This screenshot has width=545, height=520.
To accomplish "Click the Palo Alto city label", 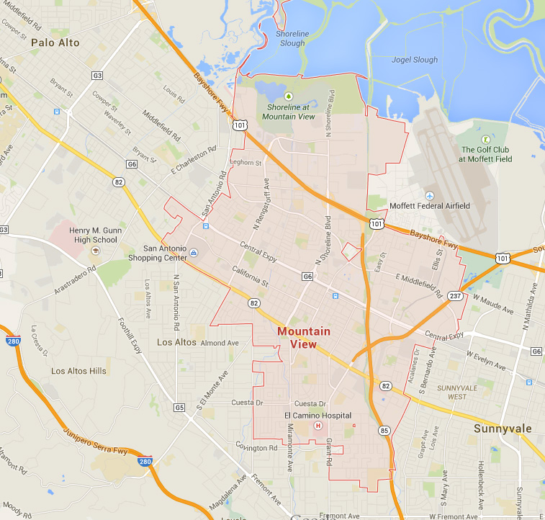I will pos(55,43).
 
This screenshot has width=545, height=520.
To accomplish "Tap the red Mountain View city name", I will pos(303,338).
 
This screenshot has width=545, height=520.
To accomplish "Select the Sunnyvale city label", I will pos(503,429).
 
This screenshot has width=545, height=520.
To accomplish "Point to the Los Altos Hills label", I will pos(78,371).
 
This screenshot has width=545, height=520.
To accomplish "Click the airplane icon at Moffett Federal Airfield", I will pos(430,196).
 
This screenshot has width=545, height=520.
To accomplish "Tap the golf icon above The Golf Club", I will pos(486,139).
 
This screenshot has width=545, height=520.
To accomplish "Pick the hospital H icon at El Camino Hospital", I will pos(317,426).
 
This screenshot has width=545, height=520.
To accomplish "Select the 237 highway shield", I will pos(454,296).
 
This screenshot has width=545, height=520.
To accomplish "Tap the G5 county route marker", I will pos(179,408).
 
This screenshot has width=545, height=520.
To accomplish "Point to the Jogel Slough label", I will pos(414,60).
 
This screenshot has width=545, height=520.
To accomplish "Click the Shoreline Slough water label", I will pos(292,39).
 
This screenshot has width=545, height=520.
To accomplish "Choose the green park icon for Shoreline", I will pos(289,95).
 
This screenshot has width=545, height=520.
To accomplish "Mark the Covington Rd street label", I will pos(257,447).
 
